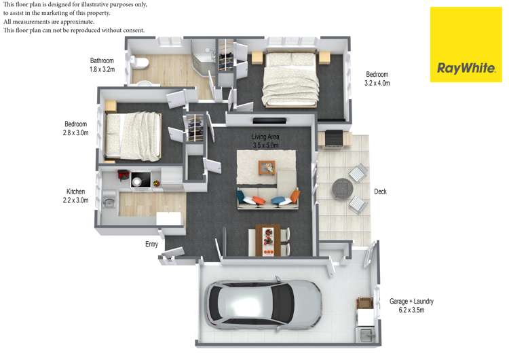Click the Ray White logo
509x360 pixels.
[x=466, y=45]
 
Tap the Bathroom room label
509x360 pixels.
[x=102, y=60]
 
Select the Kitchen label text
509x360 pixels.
[x=75, y=192]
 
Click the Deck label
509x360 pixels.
[x=380, y=192]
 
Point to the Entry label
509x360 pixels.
[x=151, y=244]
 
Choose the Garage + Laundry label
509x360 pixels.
[x=411, y=301]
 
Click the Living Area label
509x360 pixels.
[x=265, y=137]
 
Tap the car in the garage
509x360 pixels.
[x=263, y=304]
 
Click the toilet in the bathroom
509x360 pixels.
[x=140, y=62]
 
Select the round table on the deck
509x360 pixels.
[x=343, y=188]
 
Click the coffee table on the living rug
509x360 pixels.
[x=267, y=167]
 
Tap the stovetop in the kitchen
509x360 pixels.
[x=141, y=180]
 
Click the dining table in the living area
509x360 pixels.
[x=268, y=240]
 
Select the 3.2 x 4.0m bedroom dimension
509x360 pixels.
[x=377, y=83]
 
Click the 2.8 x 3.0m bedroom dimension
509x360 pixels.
[x=75, y=133]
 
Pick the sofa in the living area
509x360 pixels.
[x=268, y=198]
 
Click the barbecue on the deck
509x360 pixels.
[x=334, y=139]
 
